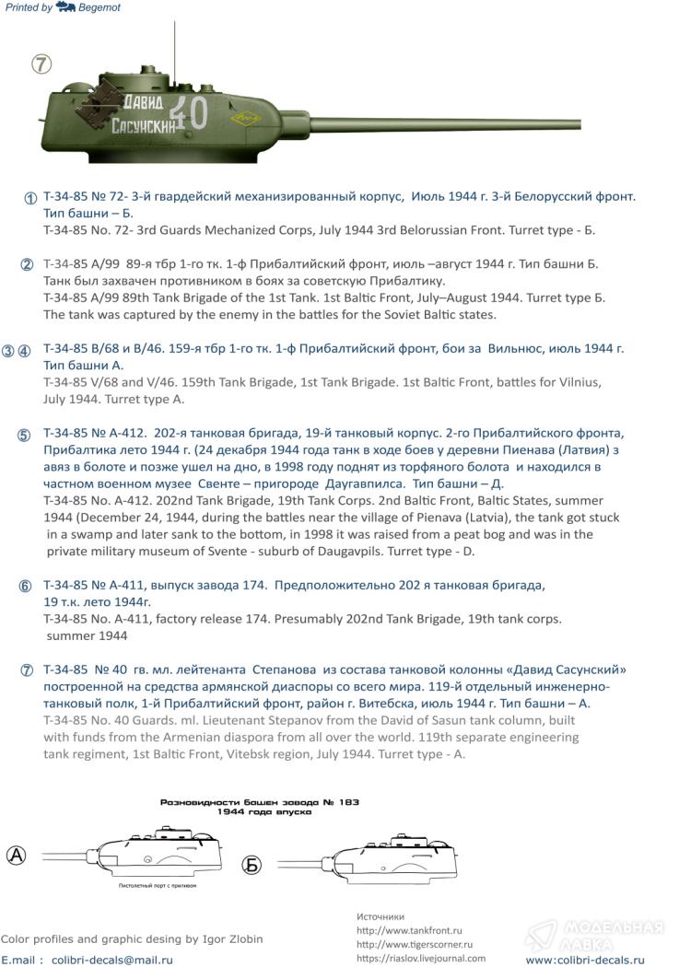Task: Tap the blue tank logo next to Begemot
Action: (64, 7)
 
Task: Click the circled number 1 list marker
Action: (30, 198)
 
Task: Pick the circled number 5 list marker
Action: (24, 435)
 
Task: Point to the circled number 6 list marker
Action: (26, 587)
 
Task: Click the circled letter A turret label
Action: (17, 855)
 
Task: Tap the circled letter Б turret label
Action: (252, 865)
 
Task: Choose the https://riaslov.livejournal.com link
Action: (420, 958)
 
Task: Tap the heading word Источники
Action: (380, 916)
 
